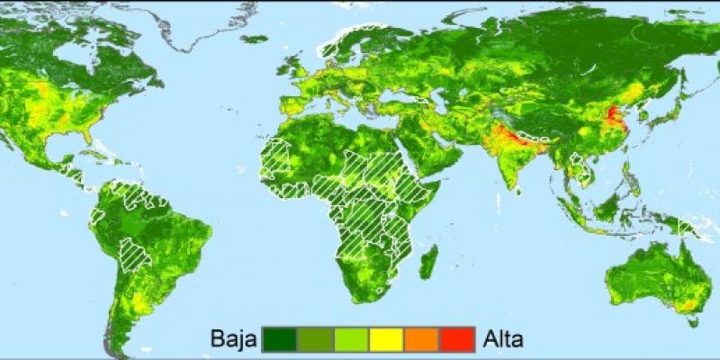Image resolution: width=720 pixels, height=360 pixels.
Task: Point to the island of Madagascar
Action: click(x=430, y=262)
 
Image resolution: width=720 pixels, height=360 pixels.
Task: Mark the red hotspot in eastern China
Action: click(x=613, y=117)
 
